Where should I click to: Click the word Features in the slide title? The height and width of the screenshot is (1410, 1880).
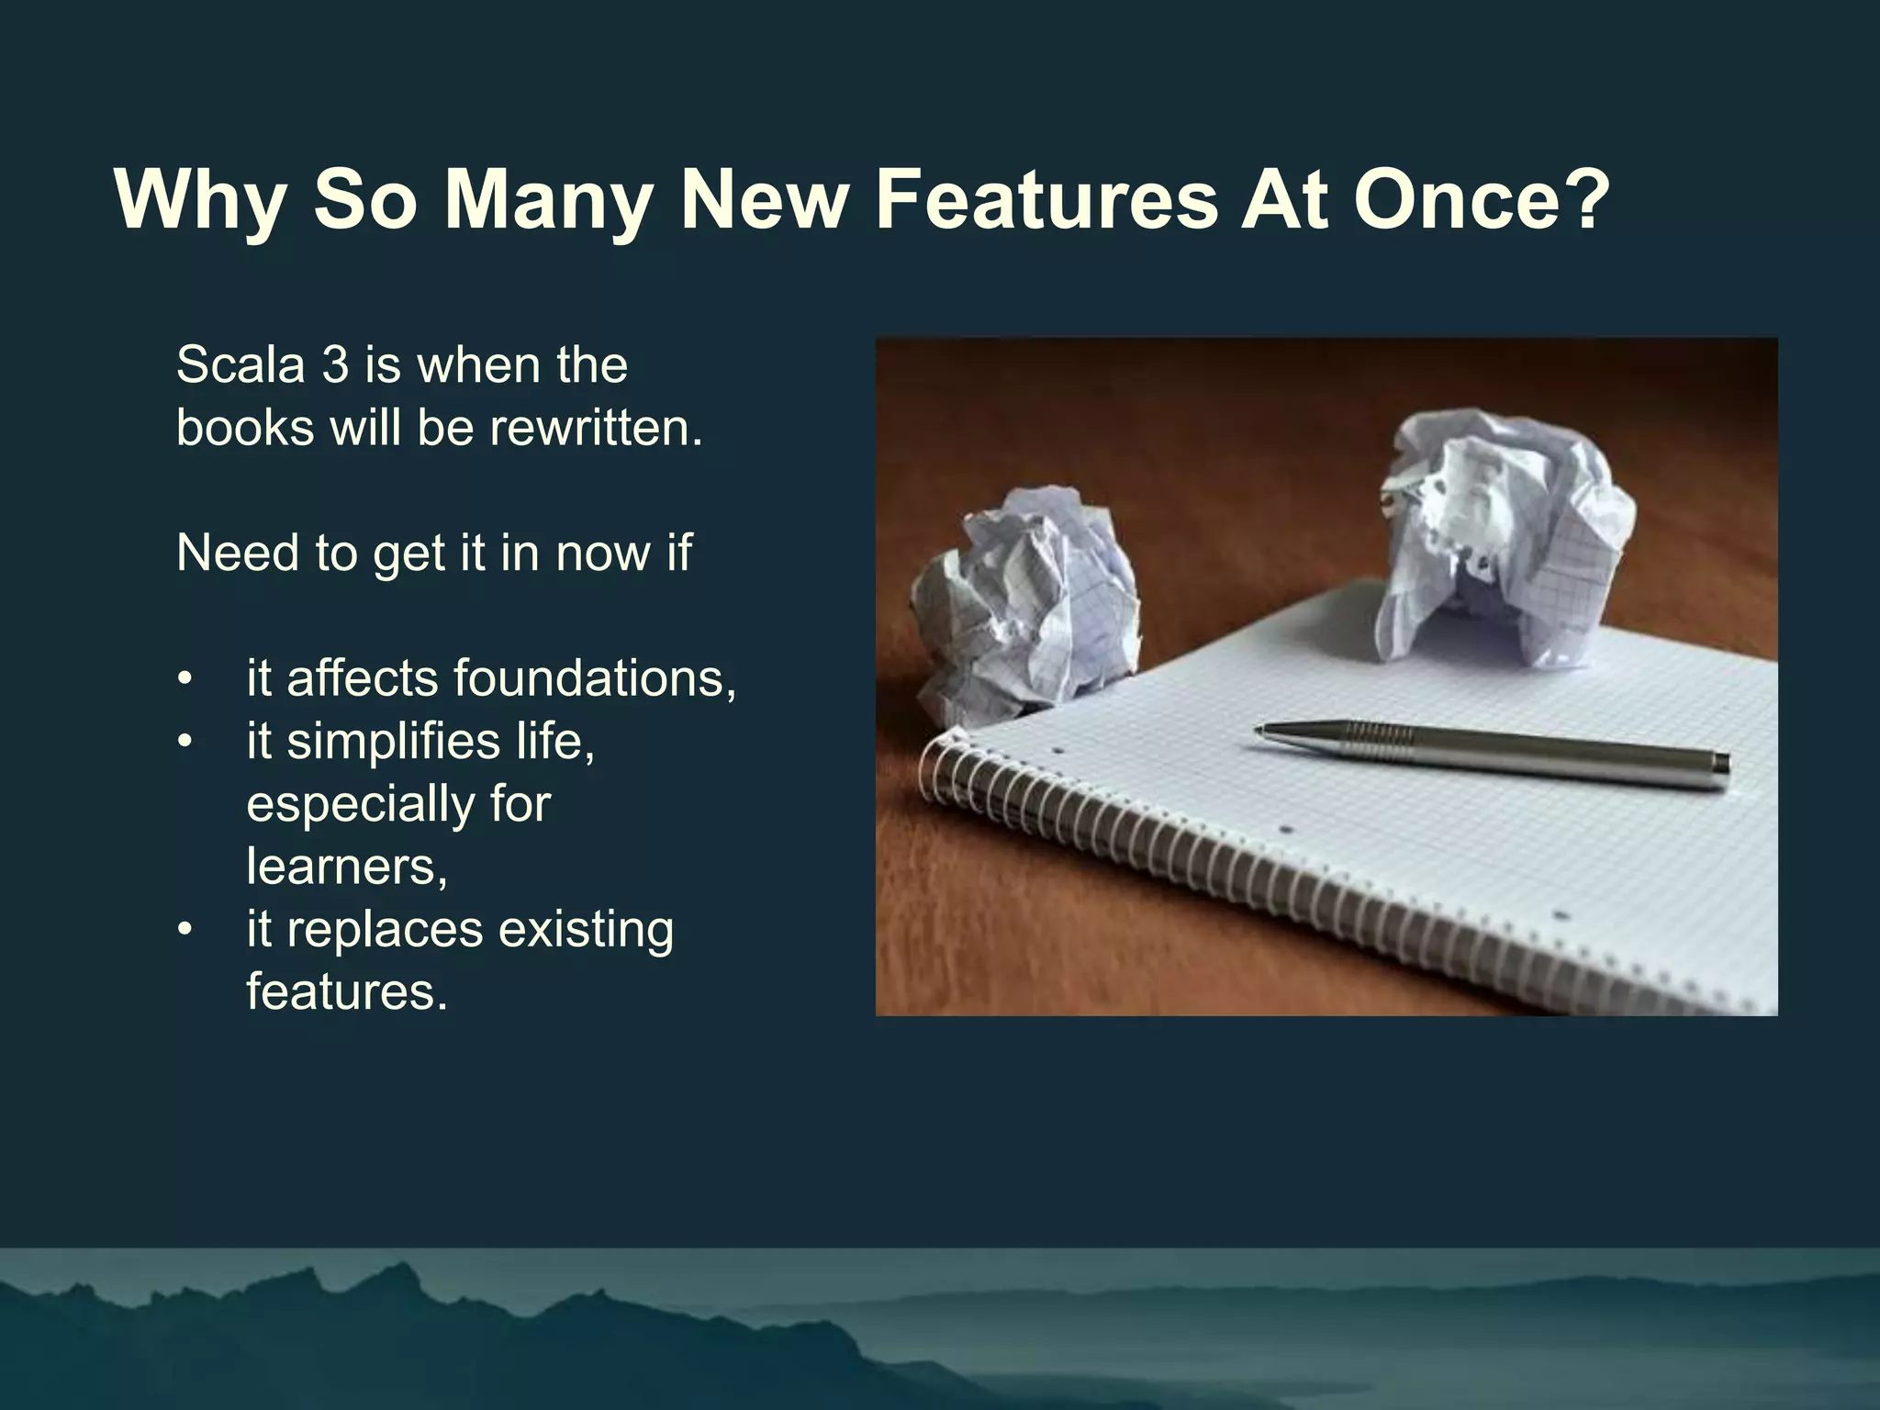1046,200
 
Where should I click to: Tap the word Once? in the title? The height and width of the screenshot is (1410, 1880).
1482,200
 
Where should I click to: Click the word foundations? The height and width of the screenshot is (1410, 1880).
594,678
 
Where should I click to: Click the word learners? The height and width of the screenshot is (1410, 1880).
346,867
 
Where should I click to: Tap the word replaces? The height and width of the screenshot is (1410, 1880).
385,930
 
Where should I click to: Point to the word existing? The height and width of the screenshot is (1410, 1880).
586,930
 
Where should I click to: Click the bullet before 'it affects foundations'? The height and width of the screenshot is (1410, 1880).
185,680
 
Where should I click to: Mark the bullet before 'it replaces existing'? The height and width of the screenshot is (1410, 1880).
185,931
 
